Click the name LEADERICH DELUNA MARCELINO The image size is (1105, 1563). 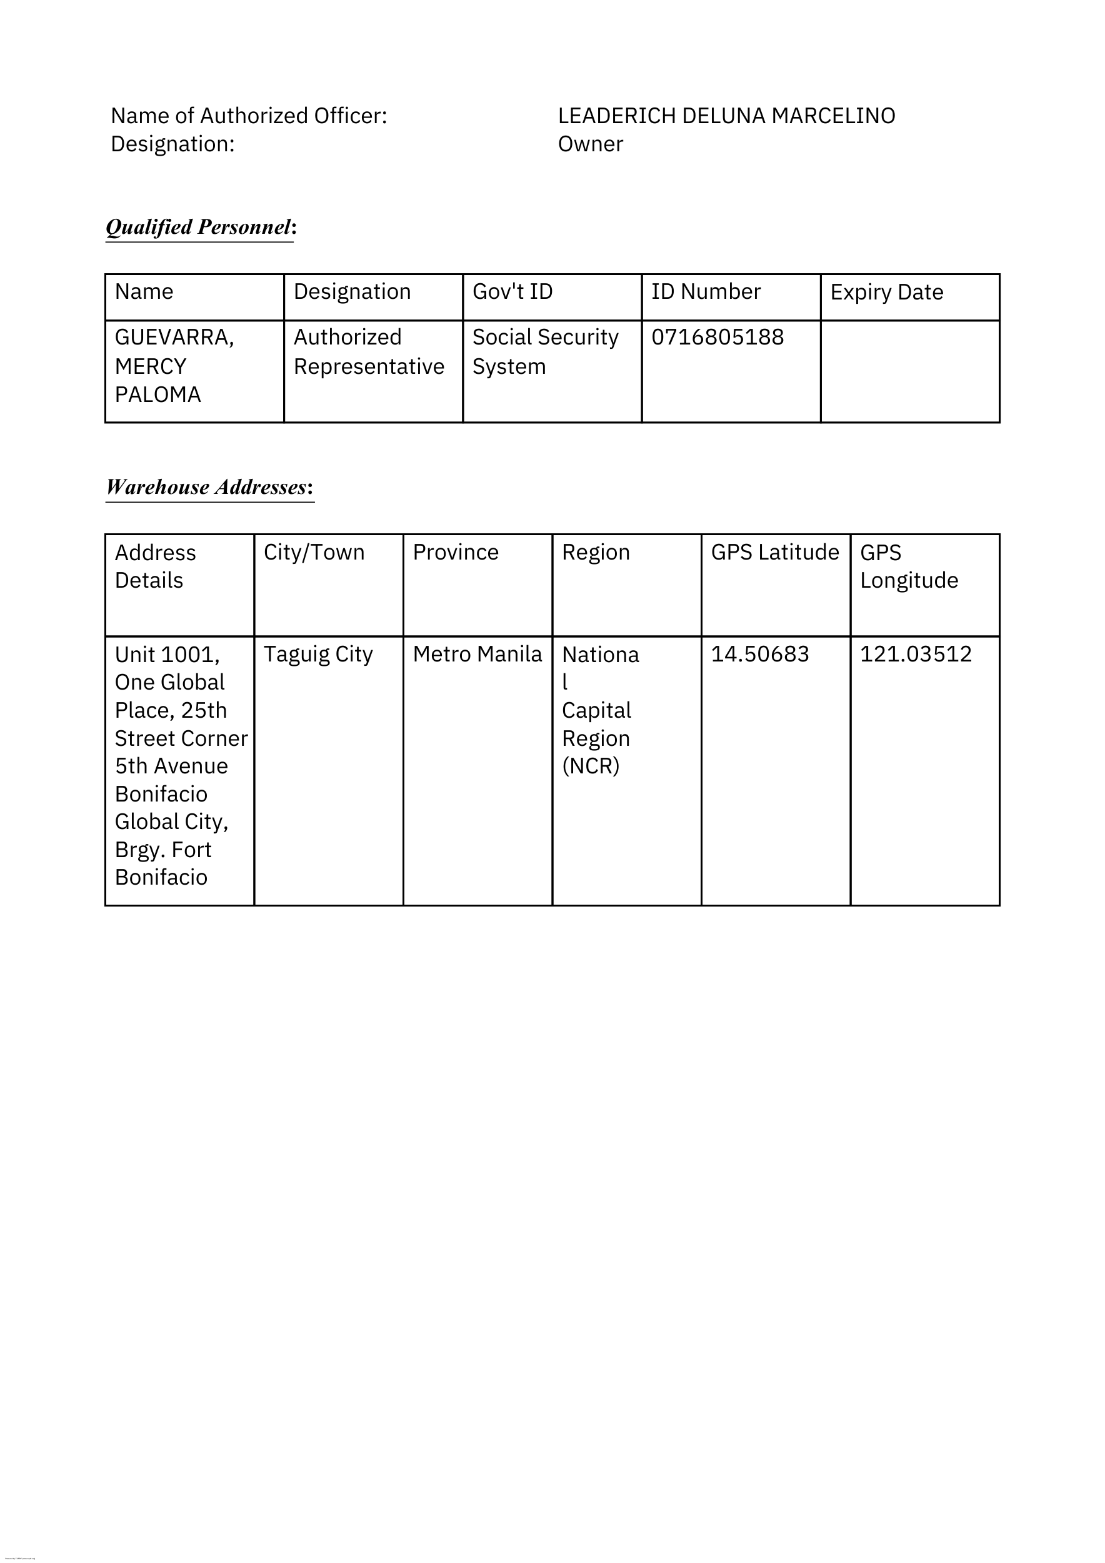[x=726, y=116]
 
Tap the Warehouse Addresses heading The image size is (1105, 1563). [x=209, y=487]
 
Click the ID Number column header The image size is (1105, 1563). [x=706, y=291]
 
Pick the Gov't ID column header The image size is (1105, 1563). [x=512, y=291]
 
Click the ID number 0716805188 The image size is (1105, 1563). [x=717, y=337]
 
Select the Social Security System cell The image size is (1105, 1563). [x=545, y=352]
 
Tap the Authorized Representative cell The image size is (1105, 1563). [x=368, y=352]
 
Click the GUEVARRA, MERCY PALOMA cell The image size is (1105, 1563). [x=174, y=366]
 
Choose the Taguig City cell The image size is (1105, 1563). [x=317, y=654]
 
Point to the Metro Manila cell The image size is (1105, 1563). [x=477, y=654]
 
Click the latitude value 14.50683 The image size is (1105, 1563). [x=759, y=654]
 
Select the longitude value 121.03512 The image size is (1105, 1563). [x=915, y=654]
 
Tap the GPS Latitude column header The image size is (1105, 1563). [x=774, y=552]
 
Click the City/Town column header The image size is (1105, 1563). [x=314, y=552]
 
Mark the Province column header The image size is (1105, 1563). [x=455, y=552]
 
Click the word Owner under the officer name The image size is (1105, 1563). [x=590, y=144]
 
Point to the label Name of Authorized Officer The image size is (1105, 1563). [x=248, y=116]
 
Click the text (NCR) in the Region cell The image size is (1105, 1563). [x=590, y=766]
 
